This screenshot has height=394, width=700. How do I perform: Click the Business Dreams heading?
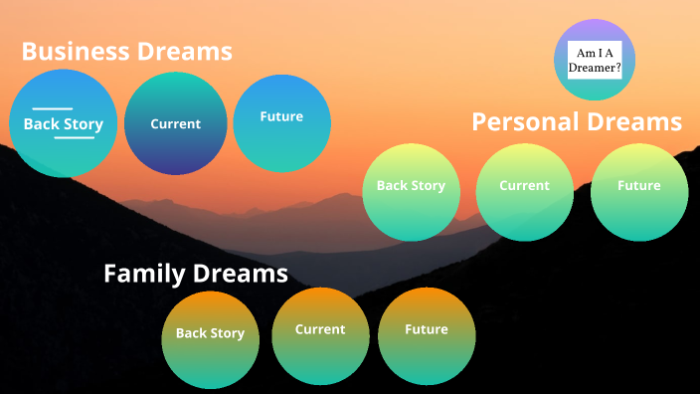point(126,51)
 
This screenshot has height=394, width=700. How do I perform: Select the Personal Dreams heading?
point(577,121)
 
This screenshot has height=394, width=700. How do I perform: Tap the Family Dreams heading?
point(196,273)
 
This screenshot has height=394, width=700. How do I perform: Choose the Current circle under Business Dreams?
point(175,124)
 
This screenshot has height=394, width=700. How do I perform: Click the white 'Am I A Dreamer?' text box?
point(594,60)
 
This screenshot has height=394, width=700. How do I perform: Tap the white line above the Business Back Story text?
point(53,108)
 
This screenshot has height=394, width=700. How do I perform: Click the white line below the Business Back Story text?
point(74,137)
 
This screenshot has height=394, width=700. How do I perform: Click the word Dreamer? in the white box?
point(594,68)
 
